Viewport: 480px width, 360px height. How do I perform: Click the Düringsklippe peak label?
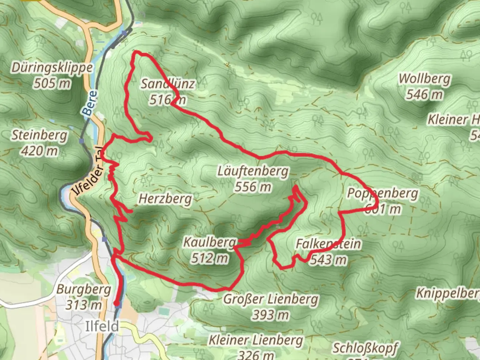pos(52,68)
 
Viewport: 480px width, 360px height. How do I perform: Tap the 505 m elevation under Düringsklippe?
pos(52,83)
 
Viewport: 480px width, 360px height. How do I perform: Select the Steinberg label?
pos(40,136)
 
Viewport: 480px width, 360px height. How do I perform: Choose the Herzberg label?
pos(165,199)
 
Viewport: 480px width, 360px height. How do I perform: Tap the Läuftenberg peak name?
pos(253,172)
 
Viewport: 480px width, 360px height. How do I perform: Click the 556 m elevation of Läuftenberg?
pos(253,187)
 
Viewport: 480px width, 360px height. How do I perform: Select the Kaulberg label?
pos(210,242)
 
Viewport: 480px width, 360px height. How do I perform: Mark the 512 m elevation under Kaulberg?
pos(210,258)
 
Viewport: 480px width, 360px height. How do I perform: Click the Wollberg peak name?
pos(425,79)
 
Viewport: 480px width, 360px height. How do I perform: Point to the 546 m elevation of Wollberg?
pos(425,94)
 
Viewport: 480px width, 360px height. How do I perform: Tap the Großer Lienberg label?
pos(271,299)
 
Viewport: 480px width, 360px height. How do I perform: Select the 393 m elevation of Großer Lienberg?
pos(271,314)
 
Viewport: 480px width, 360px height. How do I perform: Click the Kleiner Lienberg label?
pos(256,340)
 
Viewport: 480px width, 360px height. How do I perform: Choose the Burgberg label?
pos(84,289)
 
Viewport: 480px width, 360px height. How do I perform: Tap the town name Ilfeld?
pos(102,326)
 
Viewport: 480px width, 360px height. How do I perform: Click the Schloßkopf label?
pos(365,348)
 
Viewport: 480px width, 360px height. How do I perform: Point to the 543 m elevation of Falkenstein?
pos(328,259)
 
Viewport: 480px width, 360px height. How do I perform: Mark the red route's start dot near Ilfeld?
pos(116,303)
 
